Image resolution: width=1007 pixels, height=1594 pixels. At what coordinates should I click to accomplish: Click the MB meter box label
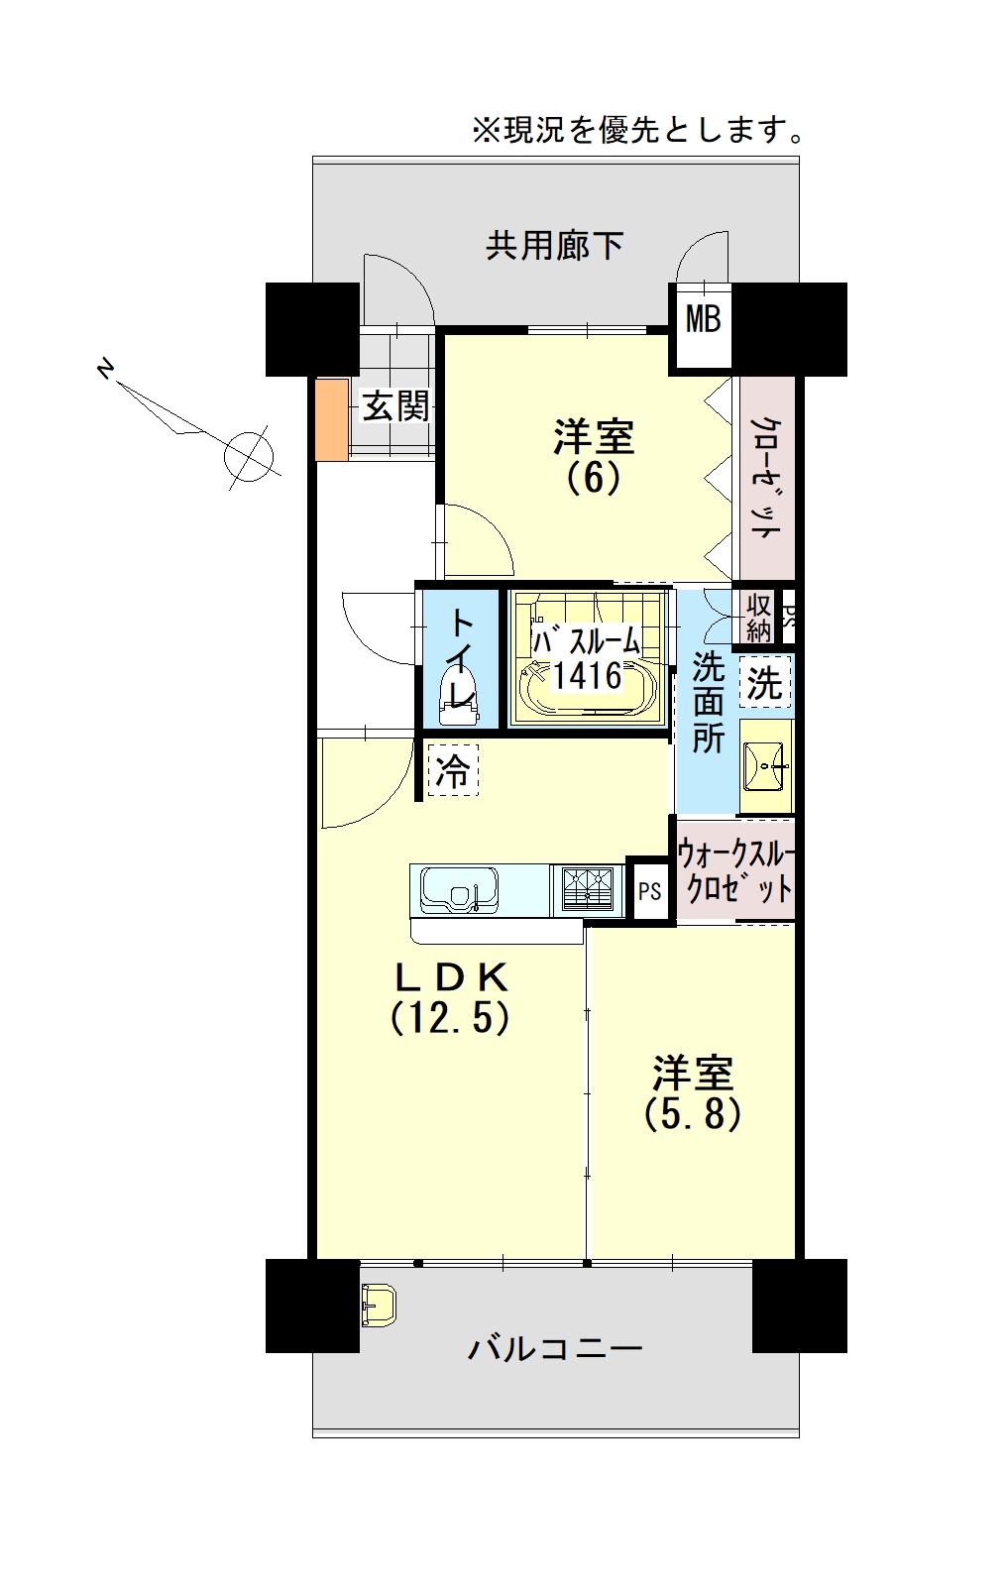click(x=703, y=319)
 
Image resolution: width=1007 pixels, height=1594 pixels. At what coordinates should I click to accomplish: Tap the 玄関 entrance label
click(x=395, y=406)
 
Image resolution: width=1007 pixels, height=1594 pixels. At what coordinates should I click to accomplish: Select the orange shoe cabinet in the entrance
click(x=332, y=419)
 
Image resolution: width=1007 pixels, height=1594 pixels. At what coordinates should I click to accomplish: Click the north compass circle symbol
click(x=249, y=455)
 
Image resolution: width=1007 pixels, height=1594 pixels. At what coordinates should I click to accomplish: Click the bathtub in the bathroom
click(x=587, y=688)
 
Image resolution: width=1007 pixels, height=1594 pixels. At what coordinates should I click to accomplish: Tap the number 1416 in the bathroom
click(x=588, y=675)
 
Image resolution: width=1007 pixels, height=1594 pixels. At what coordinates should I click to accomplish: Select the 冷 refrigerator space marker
click(x=453, y=769)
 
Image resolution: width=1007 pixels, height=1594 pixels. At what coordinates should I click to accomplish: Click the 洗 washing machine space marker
click(x=764, y=682)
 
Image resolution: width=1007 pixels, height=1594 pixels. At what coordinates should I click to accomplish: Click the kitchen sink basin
click(x=458, y=889)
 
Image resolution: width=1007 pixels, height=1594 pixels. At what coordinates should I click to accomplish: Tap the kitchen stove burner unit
click(x=588, y=889)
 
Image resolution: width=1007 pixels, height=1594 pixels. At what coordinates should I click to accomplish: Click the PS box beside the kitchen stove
click(x=649, y=890)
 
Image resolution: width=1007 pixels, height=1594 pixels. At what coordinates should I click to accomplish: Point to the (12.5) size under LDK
click(x=450, y=1018)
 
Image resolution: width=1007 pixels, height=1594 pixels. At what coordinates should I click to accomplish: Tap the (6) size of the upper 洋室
click(x=594, y=478)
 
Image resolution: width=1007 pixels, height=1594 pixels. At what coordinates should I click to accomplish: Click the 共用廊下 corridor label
click(x=555, y=246)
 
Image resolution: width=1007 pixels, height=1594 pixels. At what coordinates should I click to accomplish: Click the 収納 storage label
click(x=758, y=617)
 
